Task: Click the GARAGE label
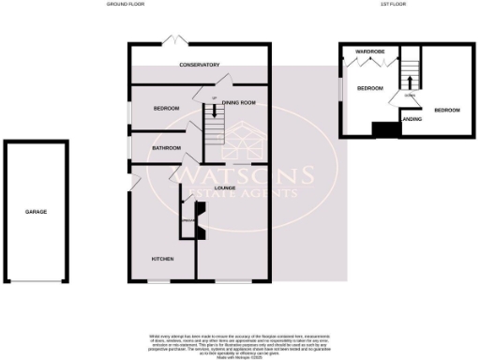tap(36, 212)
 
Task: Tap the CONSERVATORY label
tap(200, 65)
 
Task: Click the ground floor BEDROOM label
tap(166, 109)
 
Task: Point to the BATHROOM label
tap(166, 148)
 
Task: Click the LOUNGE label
tap(224, 188)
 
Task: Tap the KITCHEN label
tap(165, 257)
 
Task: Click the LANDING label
tap(411, 119)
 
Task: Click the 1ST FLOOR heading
tap(391, 5)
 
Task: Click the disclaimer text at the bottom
tap(240, 344)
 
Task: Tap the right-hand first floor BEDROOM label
tap(446, 111)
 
